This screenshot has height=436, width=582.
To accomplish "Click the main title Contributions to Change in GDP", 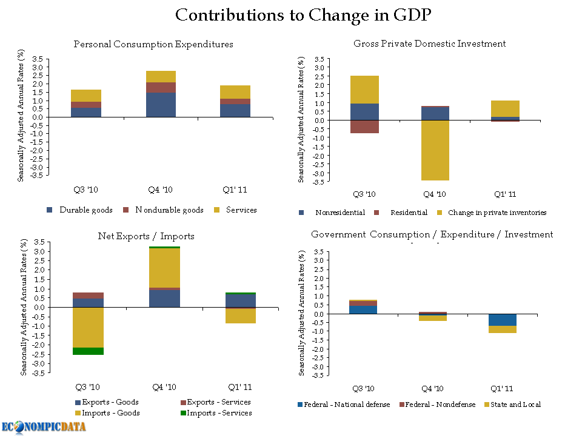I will click(x=303, y=15).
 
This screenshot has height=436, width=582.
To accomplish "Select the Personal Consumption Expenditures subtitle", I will click(x=153, y=44).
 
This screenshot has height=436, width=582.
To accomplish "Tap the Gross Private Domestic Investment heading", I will click(x=429, y=44).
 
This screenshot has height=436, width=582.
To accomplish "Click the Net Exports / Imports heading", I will click(x=146, y=236).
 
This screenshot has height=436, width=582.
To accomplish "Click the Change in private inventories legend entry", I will click(x=497, y=213).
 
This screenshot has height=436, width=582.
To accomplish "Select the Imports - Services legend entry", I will click(x=219, y=413).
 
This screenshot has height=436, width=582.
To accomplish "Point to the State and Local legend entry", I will click(x=515, y=405).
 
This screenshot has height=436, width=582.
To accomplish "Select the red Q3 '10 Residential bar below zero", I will click(x=364, y=127).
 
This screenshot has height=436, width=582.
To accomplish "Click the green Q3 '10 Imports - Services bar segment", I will click(x=89, y=351).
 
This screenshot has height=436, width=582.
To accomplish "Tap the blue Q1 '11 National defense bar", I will click(x=503, y=320).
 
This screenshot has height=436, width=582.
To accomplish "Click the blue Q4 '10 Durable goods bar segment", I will click(x=161, y=104).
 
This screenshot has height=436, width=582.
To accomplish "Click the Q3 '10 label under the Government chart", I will click(x=364, y=389).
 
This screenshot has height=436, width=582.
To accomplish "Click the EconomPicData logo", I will click(x=43, y=426).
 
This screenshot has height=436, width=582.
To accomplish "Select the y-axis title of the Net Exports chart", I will click(x=24, y=306).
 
